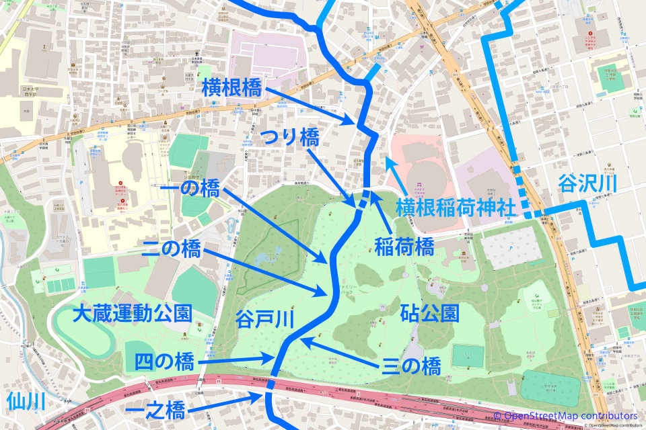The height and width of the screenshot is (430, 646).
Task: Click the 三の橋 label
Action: click(x=411, y=366)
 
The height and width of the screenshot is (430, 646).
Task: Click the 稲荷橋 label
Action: click(x=404, y=247)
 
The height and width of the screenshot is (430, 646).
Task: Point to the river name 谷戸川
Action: click(x=265, y=320)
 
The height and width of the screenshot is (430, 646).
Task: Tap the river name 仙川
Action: click(x=26, y=402)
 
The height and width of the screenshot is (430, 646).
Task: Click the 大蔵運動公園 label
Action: click(x=133, y=313)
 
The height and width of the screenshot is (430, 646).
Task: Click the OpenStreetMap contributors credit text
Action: click(x=572, y=416)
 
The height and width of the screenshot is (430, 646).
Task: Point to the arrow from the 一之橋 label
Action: click(x=225, y=402)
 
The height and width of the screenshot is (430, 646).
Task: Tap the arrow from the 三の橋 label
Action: click(x=340, y=353)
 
